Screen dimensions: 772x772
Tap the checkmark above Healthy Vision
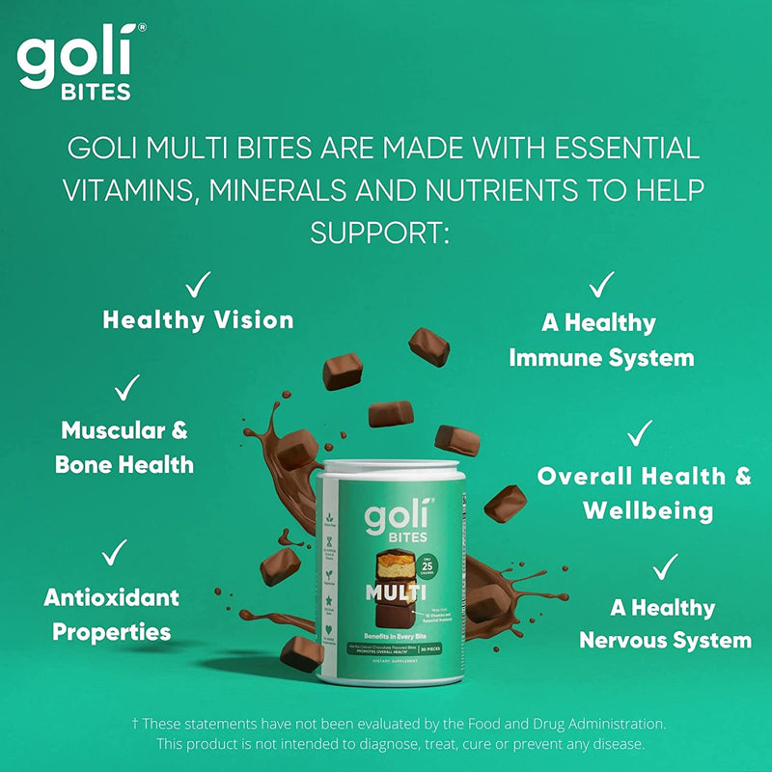[198, 284]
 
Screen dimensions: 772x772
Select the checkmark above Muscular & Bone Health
[126, 388]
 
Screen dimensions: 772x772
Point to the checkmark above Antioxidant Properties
[115, 553]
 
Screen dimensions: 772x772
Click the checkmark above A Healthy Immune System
[601, 284]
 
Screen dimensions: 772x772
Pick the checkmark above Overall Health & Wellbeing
[639, 433]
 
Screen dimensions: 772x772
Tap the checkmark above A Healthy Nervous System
[665, 567]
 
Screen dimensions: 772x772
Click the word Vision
[252, 320]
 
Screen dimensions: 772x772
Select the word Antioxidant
[112, 597]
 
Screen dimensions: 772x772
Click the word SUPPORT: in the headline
[380, 232]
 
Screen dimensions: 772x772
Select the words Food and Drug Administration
[561, 722]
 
